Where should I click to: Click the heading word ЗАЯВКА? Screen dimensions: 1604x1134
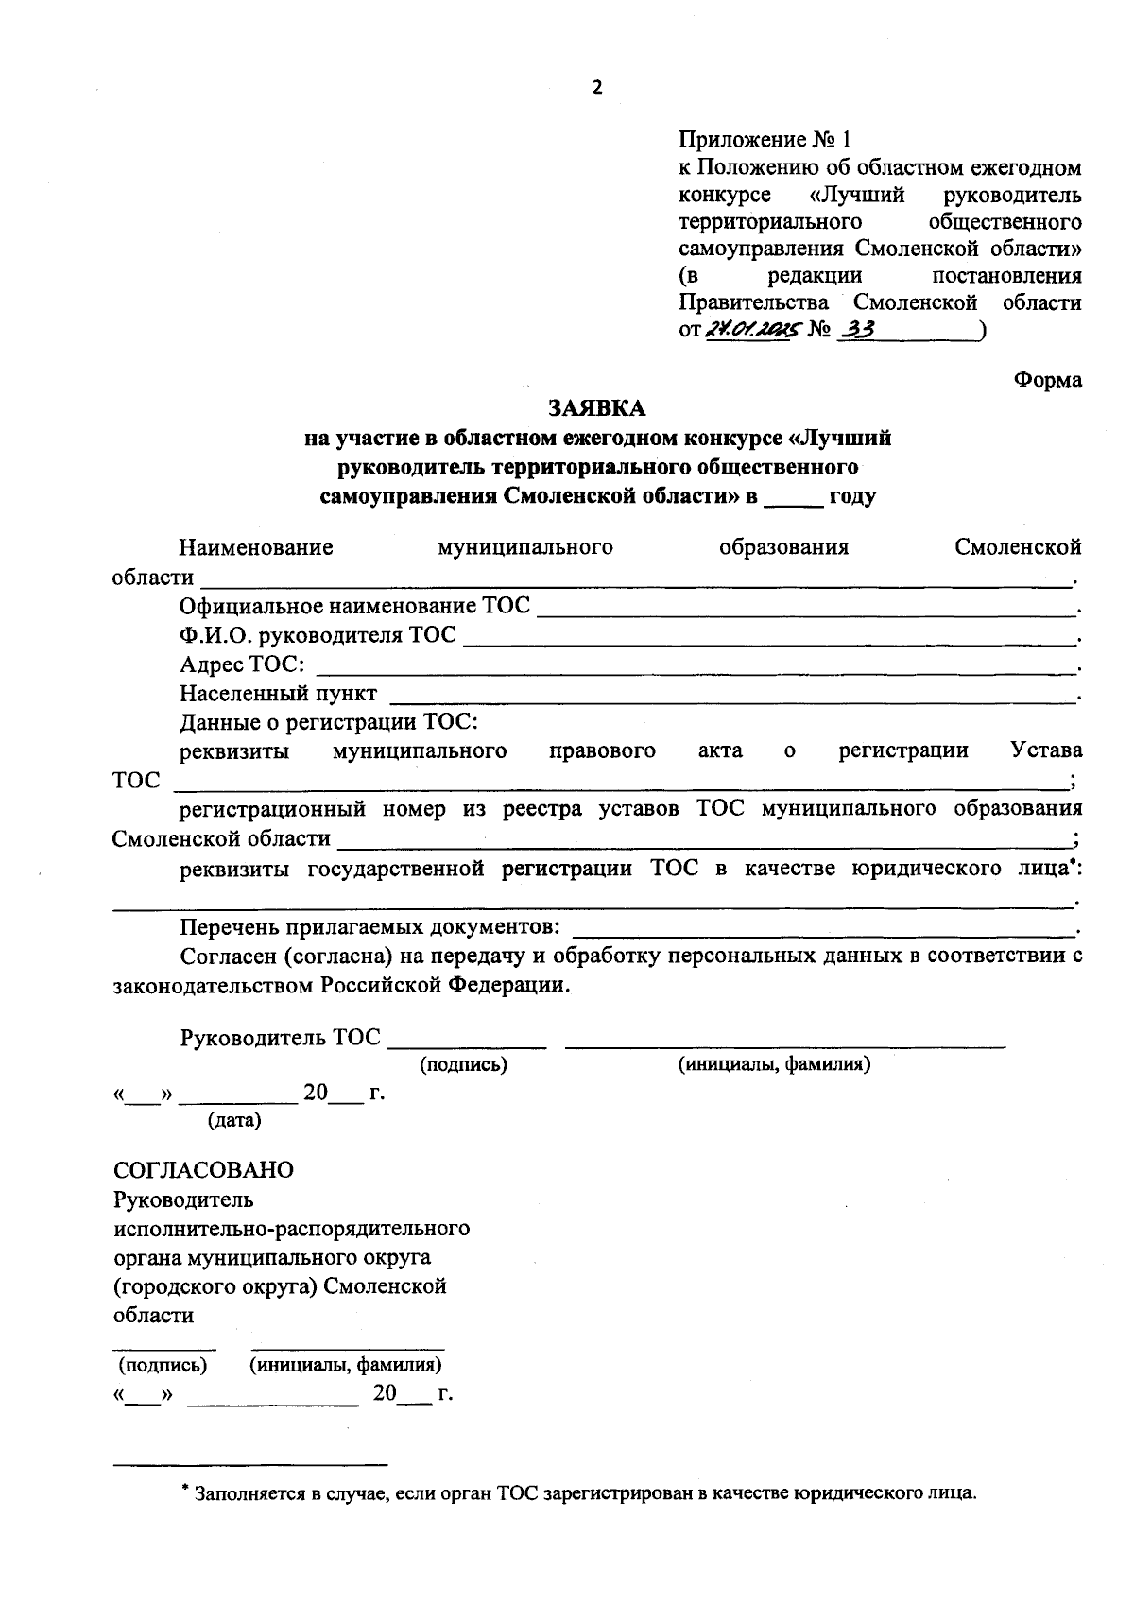coord(596,408)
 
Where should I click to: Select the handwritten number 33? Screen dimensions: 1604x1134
coord(857,329)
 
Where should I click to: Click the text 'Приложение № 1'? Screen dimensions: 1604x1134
coord(765,140)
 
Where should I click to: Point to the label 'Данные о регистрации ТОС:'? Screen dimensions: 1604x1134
coord(330,722)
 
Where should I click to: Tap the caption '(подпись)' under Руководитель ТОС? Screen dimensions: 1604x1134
coord(463,1064)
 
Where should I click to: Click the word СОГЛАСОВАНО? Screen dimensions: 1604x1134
coord(203,1169)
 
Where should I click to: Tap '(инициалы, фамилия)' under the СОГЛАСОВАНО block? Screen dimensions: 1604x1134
coord(346,1365)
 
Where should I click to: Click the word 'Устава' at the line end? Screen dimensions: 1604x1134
coord(1046,750)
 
